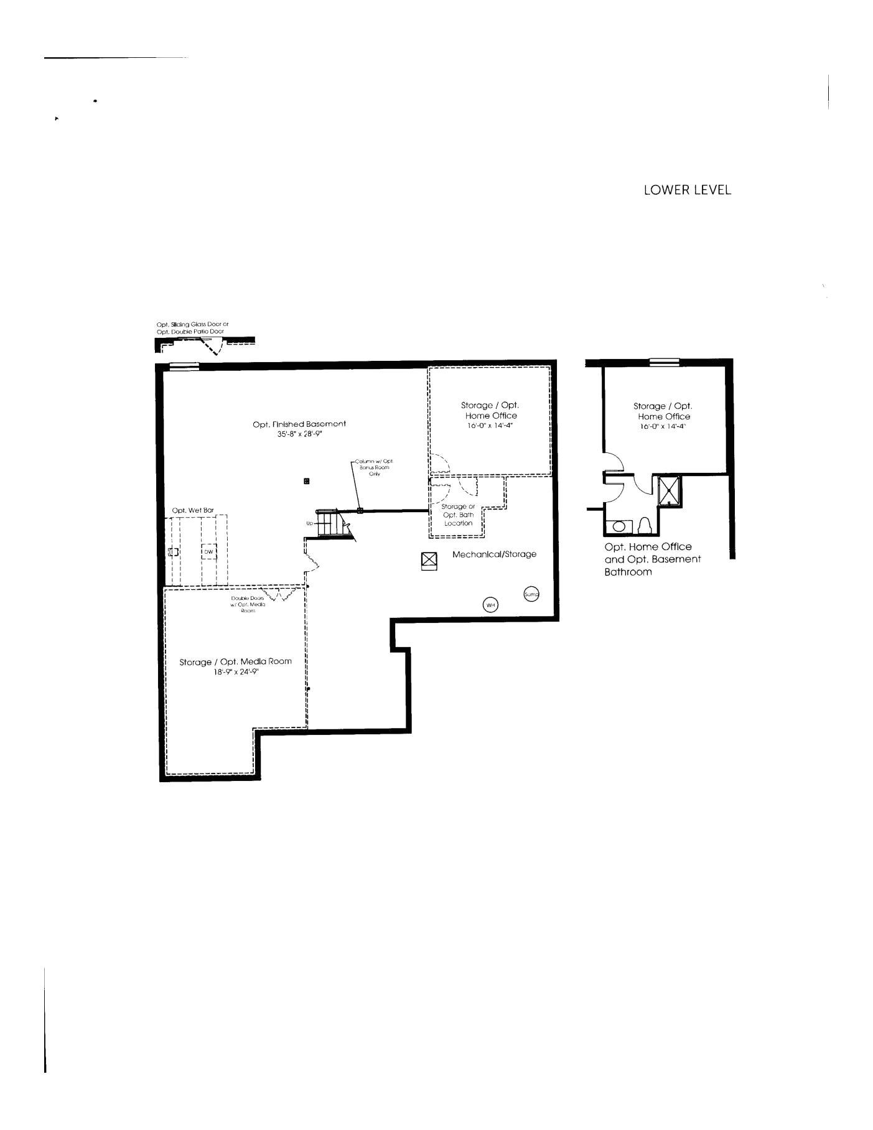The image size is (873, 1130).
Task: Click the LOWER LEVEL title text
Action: click(x=687, y=190)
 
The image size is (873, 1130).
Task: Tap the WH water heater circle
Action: click(x=490, y=605)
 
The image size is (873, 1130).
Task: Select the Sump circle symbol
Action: click(x=531, y=594)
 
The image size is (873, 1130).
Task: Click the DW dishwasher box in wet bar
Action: click(x=209, y=551)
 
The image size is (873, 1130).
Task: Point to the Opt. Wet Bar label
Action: click(x=193, y=510)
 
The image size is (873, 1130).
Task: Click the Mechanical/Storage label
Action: click(x=494, y=554)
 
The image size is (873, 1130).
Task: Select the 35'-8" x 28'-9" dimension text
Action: click(x=299, y=434)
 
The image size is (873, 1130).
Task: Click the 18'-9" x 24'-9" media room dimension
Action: click(x=236, y=672)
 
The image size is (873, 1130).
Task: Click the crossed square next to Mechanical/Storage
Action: click(x=429, y=560)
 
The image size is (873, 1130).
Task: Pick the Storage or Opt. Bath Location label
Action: click(x=459, y=515)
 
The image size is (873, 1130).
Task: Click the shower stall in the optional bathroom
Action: click(x=670, y=491)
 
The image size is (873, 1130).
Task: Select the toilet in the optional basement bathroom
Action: click(x=645, y=526)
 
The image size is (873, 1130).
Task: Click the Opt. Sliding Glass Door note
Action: click(x=192, y=328)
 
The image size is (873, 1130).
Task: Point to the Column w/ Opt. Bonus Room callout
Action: click(x=374, y=467)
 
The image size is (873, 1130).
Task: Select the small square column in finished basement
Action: click(x=307, y=481)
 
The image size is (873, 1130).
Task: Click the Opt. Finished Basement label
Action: click(x=299, y=424)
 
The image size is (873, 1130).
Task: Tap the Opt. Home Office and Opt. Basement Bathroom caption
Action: click(x=652, y=559)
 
